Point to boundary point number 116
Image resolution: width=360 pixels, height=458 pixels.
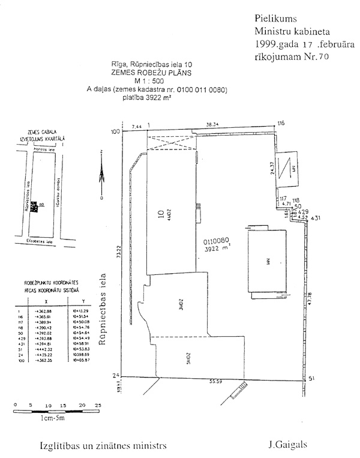pyautogui.click(x=280, y=124)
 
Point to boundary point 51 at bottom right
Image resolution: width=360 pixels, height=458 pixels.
pyautogui.click(x=311, y=379)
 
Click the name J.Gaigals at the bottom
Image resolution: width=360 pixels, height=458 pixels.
pyautogui.click(x=288, y=446)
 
